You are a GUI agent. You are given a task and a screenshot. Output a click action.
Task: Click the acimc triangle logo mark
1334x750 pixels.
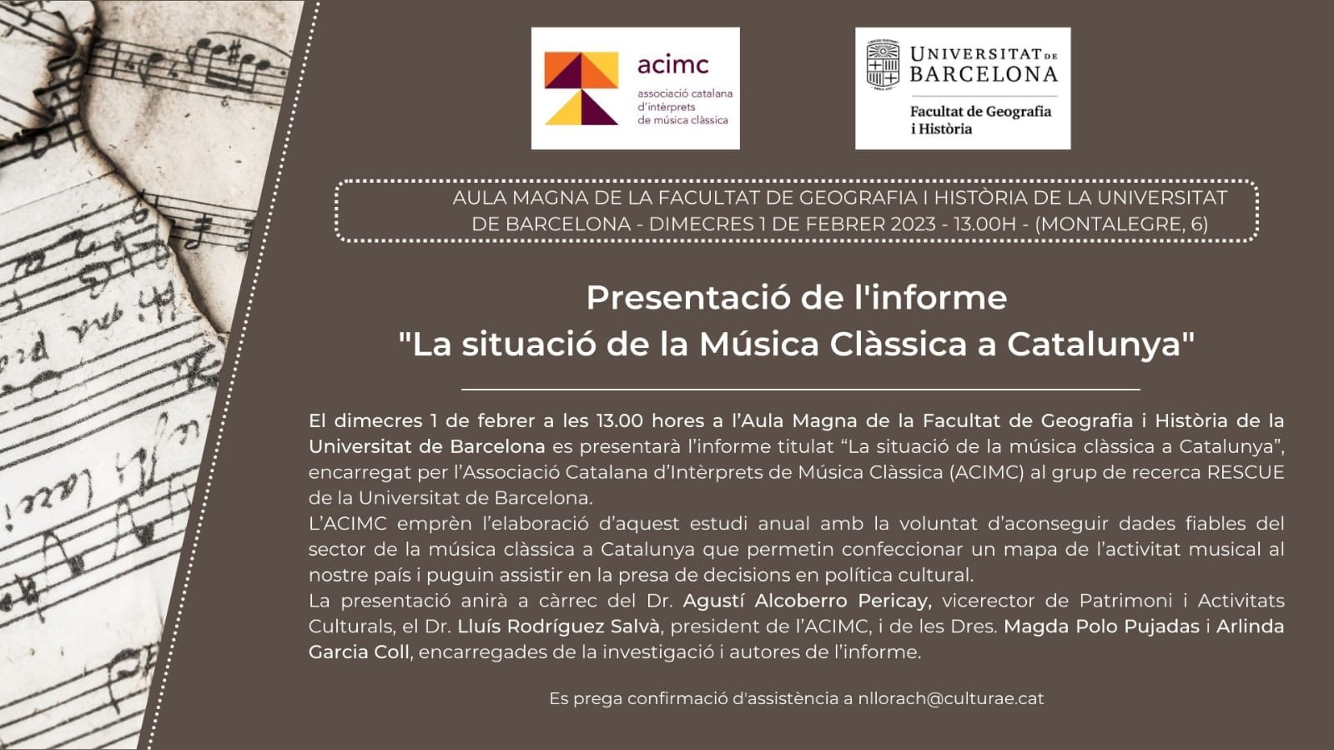pyautogui.click(x=581, y=88)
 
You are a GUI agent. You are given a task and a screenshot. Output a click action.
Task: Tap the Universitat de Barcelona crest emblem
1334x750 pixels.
pyautogui.click(x=883, y=66)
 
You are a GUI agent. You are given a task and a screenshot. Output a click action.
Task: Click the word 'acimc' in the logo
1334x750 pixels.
pyautogui.click(x=673, y=64)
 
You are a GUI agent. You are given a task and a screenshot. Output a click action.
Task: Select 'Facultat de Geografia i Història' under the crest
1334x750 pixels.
pyautogui.click(x=980, y=120)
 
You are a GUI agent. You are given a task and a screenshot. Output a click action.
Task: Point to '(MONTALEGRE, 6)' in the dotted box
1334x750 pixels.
pyautogui.click(x=1122, y=224)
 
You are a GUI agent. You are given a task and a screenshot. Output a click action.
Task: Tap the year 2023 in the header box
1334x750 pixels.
pyautogui.click(x=914, y=224)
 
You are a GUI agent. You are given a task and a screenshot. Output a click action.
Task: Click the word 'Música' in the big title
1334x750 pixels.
pyautogui.click(x=759, y=345)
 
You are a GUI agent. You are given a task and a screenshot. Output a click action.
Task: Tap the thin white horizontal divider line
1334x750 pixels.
pyautogui.click(x=800, y=390)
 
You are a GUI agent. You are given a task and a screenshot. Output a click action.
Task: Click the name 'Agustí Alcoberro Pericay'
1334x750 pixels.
pyautogui.click(x=807, y=601)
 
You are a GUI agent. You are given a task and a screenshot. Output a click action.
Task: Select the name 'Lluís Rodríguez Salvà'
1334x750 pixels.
pyautogui.click(x=559, y=626)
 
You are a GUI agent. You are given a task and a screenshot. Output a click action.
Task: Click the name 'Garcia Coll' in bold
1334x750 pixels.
pyautogui.click(x=359, y=652)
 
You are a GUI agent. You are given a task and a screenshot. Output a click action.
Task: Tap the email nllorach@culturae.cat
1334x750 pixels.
pyautogui.click(x=951, y=698)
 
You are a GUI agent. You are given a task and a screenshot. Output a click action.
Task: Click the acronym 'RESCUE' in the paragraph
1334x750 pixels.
pyautogui.click(x=1246, y=472)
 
